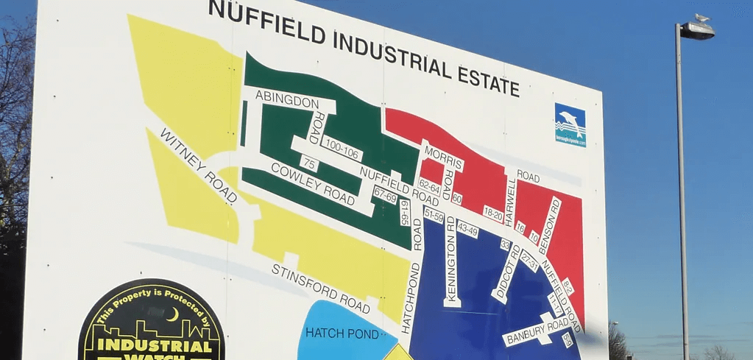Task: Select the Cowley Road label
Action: pyautogui.click(x=312, y=183)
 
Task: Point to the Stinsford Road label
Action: pyautogui.click(x=320, y=287)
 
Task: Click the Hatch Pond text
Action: pyautogui.click(x=342, y=333)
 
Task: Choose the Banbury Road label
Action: pyautogui.click(x=535, y=331)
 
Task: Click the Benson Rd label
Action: pyautogui.click(x=549, y=225)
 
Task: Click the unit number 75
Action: pyautogui.click(x=310, y=163)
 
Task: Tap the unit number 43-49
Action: pyautogui.click(x=467, y=229)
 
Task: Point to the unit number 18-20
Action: pyautogui.click(x=493, y=215)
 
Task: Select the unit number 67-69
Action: pyautogui.click(x=385, y=196)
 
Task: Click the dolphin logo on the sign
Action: pyautogui.click(x=570, y=124)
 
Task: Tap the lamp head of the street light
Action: pyautogui.click(x=697, y=29)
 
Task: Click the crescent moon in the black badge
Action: pyautogui.click(x=172, y=315)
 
